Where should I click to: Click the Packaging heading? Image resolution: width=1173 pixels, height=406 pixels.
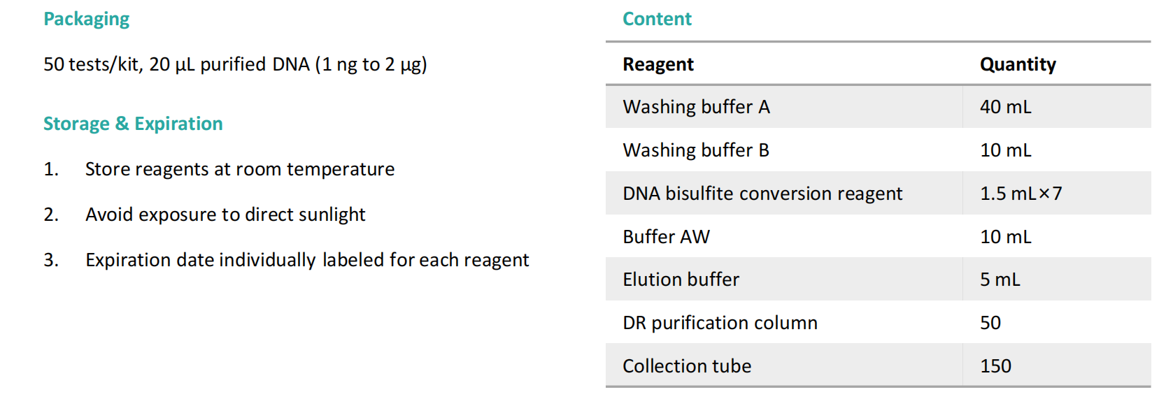point(86,19)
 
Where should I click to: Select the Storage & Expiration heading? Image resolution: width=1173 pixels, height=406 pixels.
point(133,124)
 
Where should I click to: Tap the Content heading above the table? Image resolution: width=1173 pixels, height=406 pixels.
point(657,19)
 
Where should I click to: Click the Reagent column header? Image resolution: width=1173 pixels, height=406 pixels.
point(658,64)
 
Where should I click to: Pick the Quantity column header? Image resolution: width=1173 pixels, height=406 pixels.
point(1018,64)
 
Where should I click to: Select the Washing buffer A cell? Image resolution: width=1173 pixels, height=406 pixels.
point(696,107)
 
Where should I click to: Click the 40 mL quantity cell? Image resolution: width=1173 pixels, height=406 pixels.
point(1005,107)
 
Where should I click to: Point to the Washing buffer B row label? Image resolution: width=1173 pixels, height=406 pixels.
point(695,150)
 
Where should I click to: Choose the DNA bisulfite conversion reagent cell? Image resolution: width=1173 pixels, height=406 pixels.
point(762,194)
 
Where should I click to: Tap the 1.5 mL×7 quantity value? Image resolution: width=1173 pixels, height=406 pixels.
point(1021,194)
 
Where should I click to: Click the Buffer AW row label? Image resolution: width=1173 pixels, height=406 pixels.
point(666,237)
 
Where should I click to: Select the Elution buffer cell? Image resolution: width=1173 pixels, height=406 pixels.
point(681,280)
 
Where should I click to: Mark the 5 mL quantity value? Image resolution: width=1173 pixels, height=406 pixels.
point(1000,280)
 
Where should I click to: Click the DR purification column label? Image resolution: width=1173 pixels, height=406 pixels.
point(720,323)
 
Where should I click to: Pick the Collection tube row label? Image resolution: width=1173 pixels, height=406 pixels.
point(687,366)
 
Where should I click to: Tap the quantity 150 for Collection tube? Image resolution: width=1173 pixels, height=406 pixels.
point(995,366)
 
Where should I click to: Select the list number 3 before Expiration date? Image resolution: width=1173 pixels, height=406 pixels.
point(50,260)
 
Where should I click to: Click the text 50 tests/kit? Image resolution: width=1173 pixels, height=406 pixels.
point(92,64)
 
